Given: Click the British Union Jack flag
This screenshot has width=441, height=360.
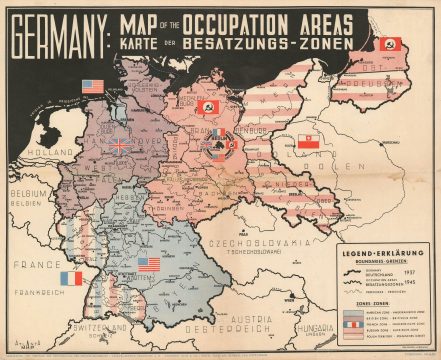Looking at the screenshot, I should (x=119, y=145).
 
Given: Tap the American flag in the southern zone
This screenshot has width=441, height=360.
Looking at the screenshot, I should (x=148, y=264).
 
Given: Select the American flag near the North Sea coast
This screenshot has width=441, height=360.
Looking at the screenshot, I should (x=93, y=86).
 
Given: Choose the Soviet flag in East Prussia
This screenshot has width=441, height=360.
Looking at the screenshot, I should (x=390, y=45).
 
